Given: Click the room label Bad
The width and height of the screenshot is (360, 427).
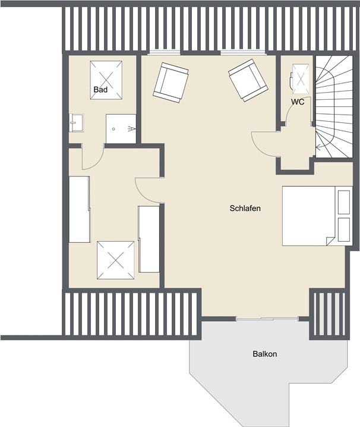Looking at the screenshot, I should pyautogui.click(x=100, y=90).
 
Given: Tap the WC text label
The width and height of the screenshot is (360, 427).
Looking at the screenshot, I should pyautogui.click(x=298, y=102).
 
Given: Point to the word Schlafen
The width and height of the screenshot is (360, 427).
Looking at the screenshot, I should pyautogui.click(x=245, y=208).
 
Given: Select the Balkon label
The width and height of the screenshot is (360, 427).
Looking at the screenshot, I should pyautogui.click(x=264, y=354).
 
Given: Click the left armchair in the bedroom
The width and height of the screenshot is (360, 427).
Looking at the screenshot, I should pyautogui.click(x=170, y=83).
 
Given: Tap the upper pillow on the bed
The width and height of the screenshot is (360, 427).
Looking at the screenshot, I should pyautogui.click(x=343, y=202).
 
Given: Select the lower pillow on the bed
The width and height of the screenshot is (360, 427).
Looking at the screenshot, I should pyautogui.click(x=343, y=229).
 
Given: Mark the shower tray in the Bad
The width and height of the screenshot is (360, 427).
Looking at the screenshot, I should pyautogui.click(x=121, y=129).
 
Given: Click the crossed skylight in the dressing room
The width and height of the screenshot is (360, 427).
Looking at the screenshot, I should pyautogui.click(x=116, y=260).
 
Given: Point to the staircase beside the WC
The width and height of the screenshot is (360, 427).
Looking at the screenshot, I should pyautogui.click(x=333, y=107).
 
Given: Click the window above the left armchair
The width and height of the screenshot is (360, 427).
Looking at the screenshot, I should pyautogui.click(x=164, y=53).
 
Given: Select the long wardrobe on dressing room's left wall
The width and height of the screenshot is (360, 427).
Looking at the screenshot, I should pyautogui.click(x=79, y=209).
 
